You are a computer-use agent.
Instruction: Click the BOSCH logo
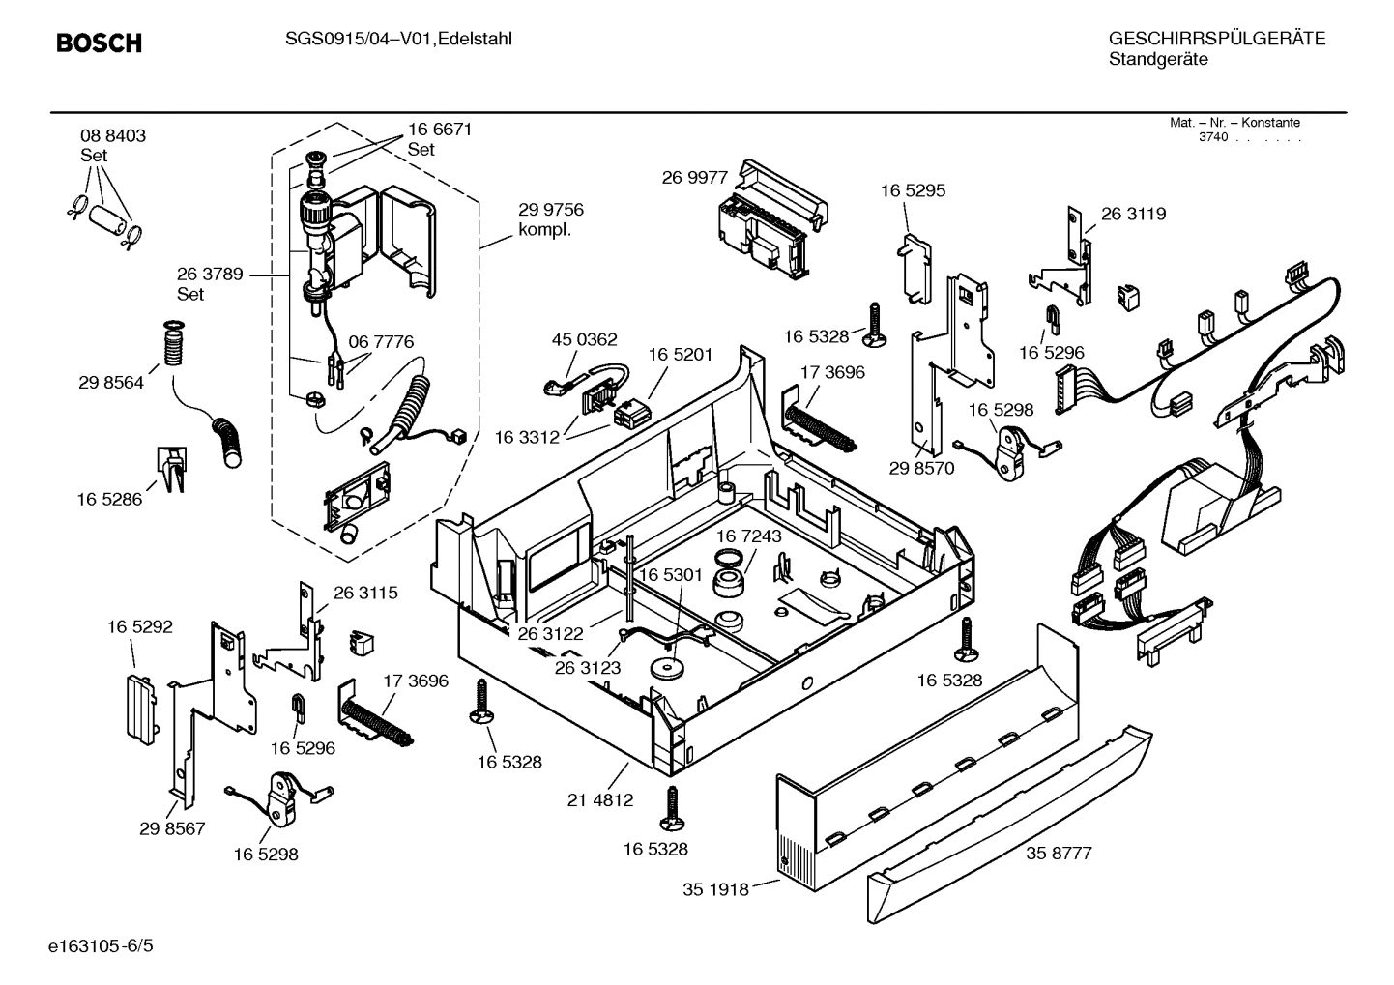[99, 43]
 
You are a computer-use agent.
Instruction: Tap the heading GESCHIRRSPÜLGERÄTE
[1216, 39]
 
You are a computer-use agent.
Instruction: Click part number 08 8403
[113, 136]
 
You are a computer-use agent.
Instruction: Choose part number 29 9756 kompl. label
[551, 219]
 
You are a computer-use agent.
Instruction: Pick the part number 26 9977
[694, 177]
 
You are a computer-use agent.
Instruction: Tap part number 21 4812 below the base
[600, 799]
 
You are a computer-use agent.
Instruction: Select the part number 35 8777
[1059, 854]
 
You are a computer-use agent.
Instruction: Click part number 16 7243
[749, 536]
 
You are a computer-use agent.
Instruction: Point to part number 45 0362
[584, 340]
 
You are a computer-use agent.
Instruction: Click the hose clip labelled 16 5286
[170, 470]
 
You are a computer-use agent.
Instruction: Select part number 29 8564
[111, 383]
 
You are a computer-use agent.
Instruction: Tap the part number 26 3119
[1133, 214]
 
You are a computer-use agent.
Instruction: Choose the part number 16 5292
[140, 627]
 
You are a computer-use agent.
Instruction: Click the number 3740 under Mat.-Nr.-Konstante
[1212, 137]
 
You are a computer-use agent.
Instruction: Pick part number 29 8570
[921, 468]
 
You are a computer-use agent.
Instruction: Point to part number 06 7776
[381, 342]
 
